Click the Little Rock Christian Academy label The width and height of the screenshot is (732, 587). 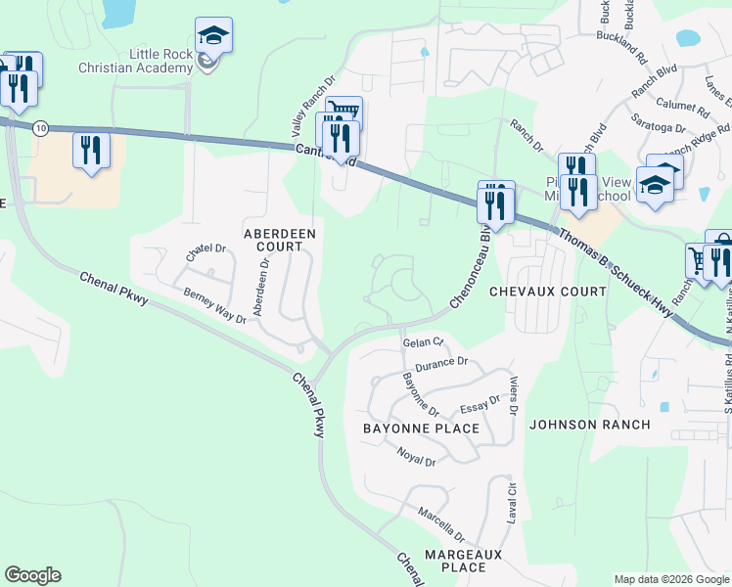click(x=161, y=60)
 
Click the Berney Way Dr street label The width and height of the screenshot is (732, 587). click(x=214, y=306)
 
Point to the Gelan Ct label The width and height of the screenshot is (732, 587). click(x=424, y=342)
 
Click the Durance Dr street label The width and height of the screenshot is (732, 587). click(x=442, y=363)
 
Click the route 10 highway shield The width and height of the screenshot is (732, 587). click(x=40, y=128)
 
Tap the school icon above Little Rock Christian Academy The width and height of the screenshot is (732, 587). click(x=212, y=37)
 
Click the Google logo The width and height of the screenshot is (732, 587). click(x=32, y=575)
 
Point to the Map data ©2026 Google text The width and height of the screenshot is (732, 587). click(x=670, y=579)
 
